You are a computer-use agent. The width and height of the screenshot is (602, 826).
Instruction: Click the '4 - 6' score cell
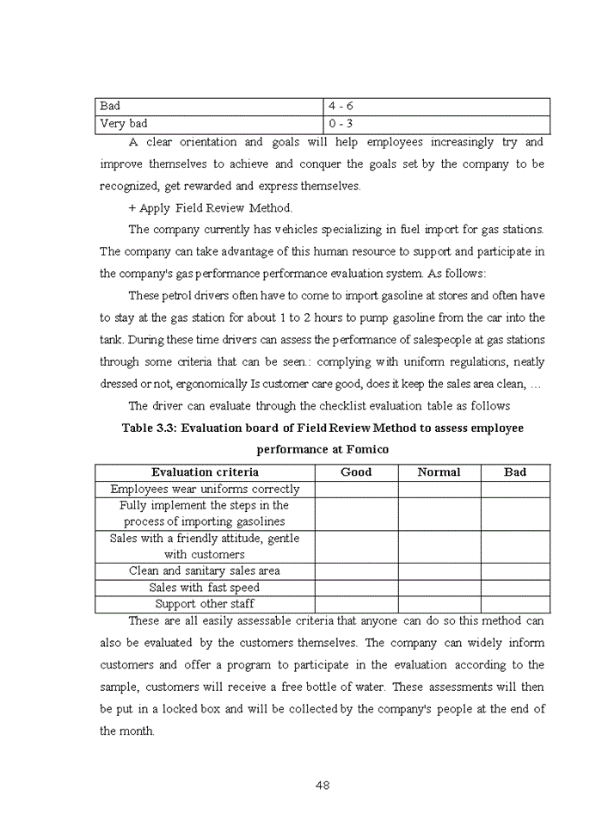tap(341, 106)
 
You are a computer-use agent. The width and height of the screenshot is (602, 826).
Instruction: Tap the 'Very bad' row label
tap(124, 123)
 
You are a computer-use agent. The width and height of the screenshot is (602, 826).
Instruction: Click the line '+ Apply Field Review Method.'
tap(211, 207)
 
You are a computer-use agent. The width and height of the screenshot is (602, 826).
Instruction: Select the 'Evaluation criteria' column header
tap(205, 472)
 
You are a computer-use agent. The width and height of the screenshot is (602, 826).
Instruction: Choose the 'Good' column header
tap(356, 472)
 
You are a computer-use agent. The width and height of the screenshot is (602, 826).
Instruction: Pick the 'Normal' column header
tap(439, 472)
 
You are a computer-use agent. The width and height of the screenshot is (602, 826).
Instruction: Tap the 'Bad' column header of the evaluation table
tap(515, 472)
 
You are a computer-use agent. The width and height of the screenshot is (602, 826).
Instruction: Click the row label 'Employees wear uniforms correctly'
tap(205, 489)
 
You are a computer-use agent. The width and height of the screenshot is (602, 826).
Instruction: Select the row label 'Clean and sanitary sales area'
tap(205, 570)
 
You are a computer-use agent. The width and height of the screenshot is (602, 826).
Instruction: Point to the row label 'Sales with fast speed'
tap(205, 588)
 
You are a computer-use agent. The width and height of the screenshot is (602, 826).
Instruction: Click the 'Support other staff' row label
tap(205, 604)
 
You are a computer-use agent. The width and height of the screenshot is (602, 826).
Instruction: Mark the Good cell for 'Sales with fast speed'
tap(356, 588)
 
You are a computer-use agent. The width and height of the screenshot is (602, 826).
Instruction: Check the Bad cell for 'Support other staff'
tap(515, 604)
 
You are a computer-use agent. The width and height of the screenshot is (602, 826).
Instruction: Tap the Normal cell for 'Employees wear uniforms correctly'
tap(439, 489)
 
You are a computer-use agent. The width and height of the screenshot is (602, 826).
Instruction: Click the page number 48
tap(323, 785)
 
